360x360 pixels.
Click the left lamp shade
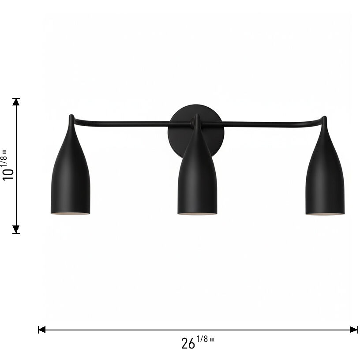tap(71, 181)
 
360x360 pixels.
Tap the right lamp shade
tap(325, 181)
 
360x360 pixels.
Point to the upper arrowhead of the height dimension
tap(16, 102)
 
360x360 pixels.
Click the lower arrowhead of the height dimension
tap(16, 229)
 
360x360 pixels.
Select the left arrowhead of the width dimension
tap(42, 329)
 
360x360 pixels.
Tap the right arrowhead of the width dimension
tap(354, 329)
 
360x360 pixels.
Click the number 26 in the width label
tap(188, 343)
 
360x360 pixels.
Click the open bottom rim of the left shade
tap(71, 214)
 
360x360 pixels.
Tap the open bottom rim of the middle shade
tap(197, 214)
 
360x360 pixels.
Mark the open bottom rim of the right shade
tap(325, 214)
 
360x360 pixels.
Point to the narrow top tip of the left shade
tap(71, 118)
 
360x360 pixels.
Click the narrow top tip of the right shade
tap(324, 119)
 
